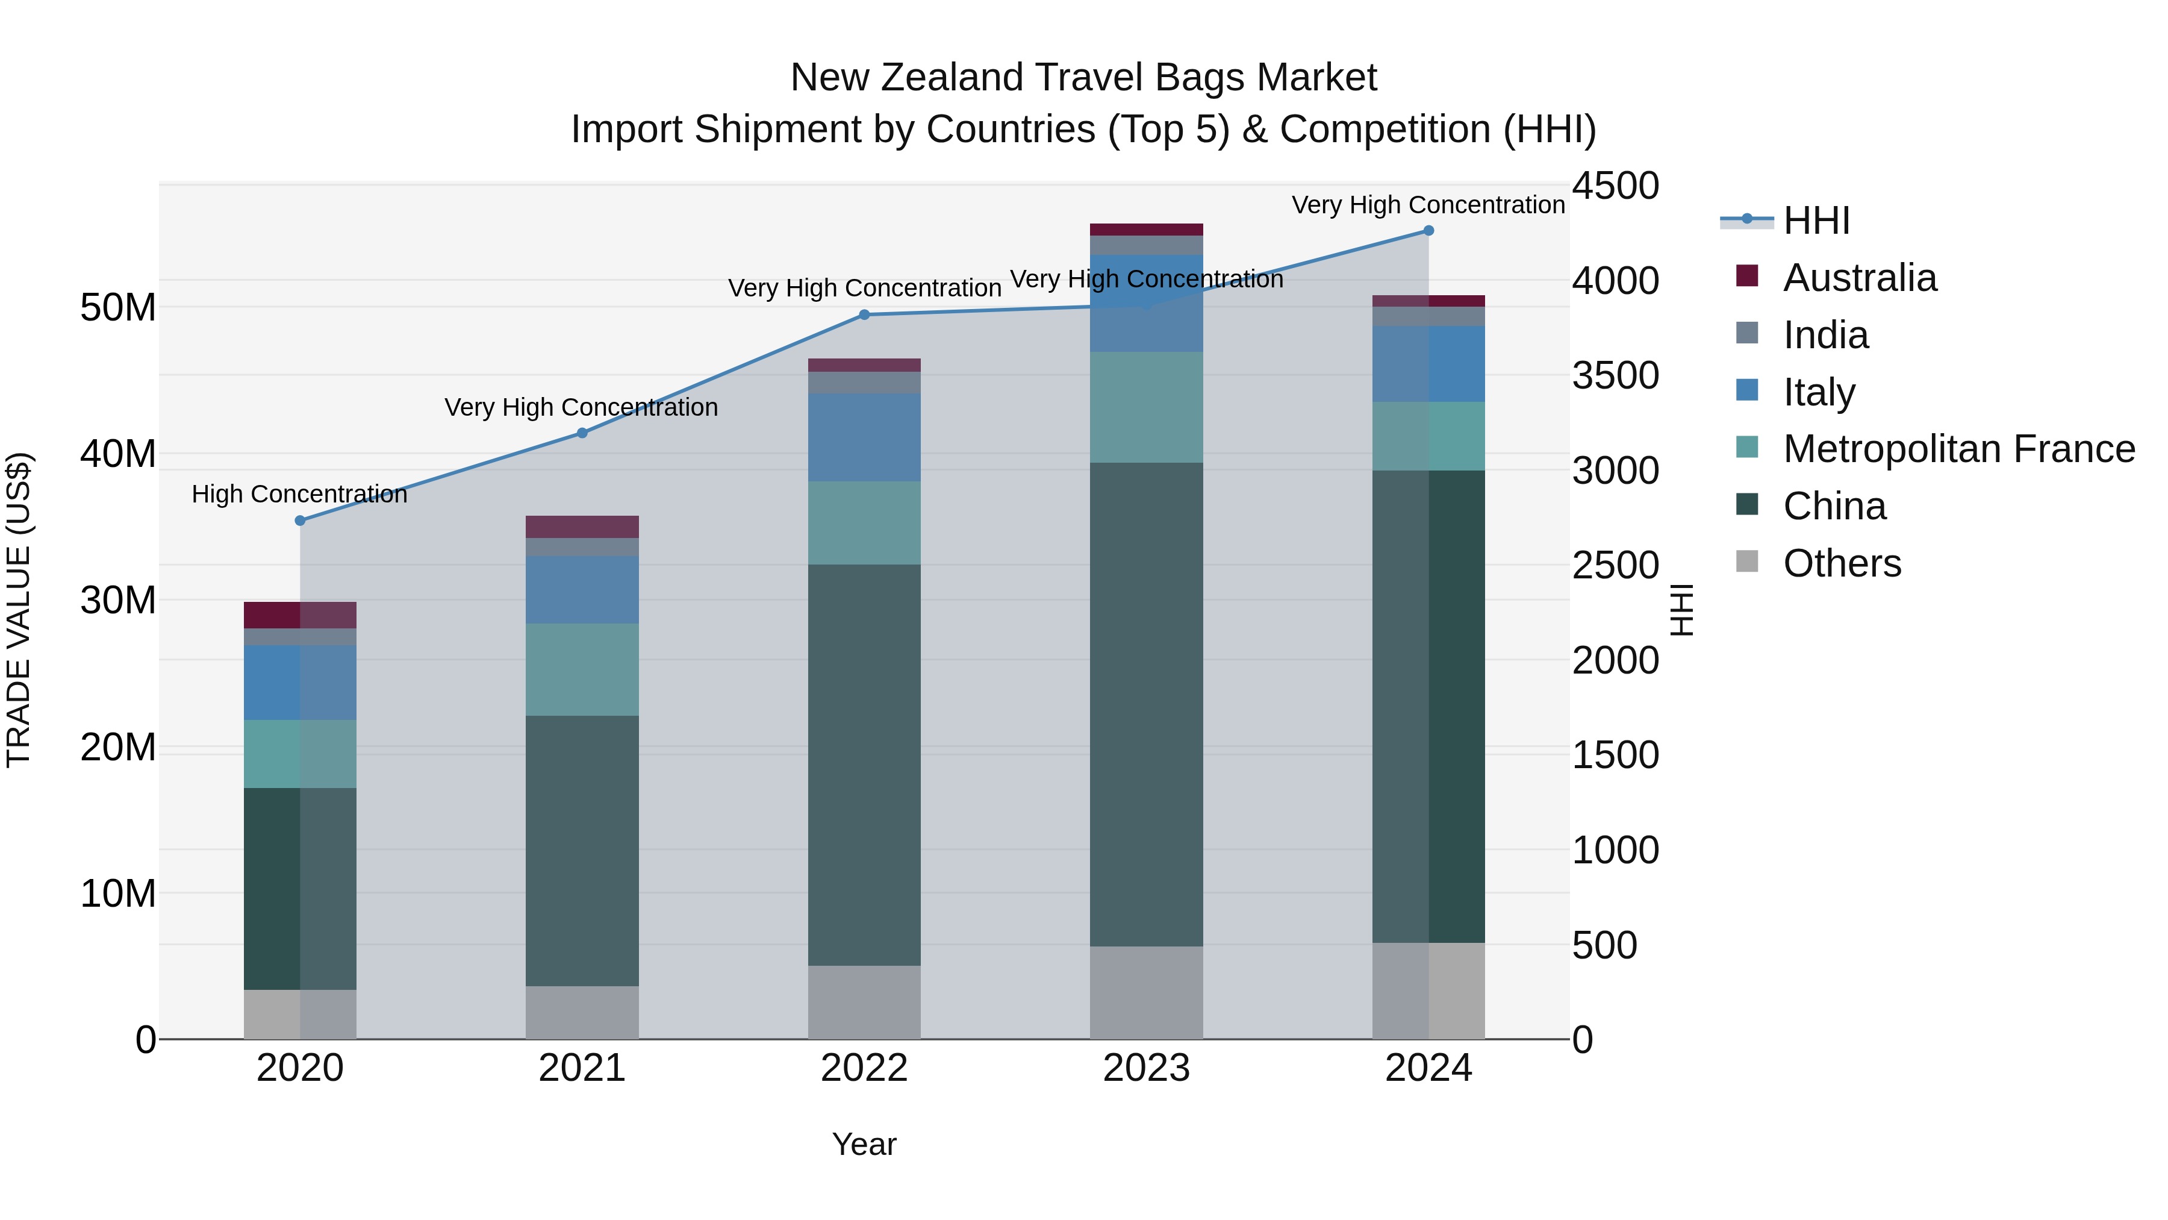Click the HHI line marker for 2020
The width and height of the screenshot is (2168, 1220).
point(300,521)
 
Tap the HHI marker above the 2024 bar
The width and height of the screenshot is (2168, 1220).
point(1428,231)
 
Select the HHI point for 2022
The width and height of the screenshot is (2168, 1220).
point(864,315)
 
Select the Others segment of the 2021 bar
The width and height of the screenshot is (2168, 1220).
point(582,1012)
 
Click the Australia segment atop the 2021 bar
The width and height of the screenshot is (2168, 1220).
point(582,526)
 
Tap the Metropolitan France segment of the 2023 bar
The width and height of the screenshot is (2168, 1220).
point(1146,407)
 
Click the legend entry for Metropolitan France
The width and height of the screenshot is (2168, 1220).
point(1958,449)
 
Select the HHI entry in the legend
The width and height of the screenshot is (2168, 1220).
point(1816,221)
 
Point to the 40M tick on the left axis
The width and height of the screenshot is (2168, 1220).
point(118,454)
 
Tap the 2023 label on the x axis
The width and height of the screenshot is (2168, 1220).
point(1146,1068)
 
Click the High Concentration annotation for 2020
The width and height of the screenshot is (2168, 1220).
point(300,494)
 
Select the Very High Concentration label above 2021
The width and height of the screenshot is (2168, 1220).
point(582,407)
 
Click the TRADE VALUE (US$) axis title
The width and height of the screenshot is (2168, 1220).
point(19,610)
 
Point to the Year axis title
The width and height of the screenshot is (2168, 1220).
point(864,1144)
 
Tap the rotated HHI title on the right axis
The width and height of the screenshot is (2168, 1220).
point(1681,610)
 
